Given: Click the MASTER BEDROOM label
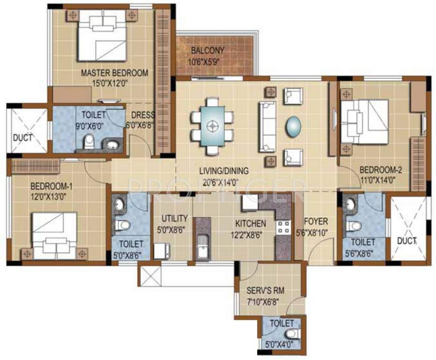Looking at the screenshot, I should [114, 73].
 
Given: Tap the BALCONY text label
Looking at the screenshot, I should [207, 50].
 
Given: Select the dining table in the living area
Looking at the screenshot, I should [214, 126].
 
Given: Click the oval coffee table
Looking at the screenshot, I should [294, 126].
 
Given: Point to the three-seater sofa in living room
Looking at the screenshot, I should [267, 126].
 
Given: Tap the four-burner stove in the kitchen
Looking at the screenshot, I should [283, 227].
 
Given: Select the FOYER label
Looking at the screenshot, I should [316, 221].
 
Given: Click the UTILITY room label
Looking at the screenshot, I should [174, 218].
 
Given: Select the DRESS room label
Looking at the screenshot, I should [143, 115].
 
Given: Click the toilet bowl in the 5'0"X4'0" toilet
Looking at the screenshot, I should [292, 334].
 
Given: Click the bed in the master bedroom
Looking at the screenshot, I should [103, 35].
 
